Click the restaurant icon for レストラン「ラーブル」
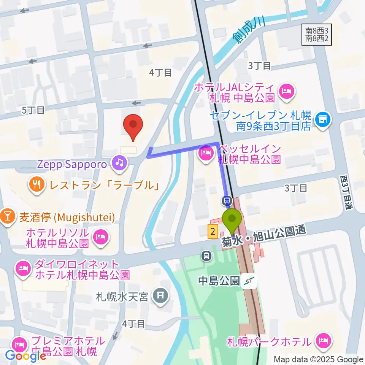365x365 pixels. point(36,185)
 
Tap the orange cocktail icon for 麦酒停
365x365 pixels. point(7,217)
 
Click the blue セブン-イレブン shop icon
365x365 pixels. point(323,121)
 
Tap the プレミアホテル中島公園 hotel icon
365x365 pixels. point(19,345)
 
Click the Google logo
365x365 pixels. point(25,356)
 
